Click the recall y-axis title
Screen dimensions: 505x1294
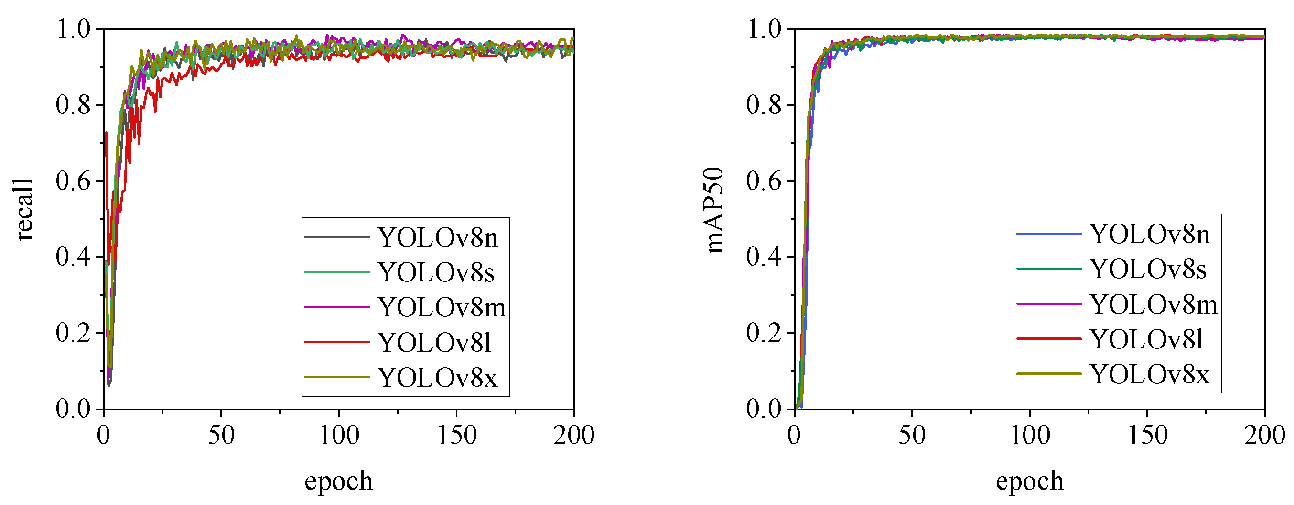[x=24, y=210]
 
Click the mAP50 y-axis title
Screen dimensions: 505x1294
[x=714, y=210]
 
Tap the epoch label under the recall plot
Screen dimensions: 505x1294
[x=339, y=481]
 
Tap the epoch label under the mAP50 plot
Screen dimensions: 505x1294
[x=1029, y=481]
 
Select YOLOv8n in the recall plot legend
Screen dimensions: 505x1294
[x=438, y=237]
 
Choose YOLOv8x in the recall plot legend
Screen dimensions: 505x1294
[x=438, y=377]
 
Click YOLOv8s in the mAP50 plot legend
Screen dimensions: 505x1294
[x=1148, y=269]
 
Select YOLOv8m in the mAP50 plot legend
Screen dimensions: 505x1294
[x=1154, y=304]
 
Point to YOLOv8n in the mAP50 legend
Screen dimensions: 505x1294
[x=1149, y=235]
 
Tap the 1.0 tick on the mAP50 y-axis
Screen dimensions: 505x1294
[x=764, y=29]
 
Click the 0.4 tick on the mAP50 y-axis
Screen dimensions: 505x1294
[x=764, y=257]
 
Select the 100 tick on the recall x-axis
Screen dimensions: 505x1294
[x=339, y=436]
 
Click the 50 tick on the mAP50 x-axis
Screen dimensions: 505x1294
[x=912, y=436]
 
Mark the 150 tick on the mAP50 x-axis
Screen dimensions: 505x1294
[x=1147, y=436]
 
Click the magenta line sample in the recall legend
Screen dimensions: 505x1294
[x=337, y=307]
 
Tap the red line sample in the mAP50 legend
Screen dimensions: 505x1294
[x=1049, y=339]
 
